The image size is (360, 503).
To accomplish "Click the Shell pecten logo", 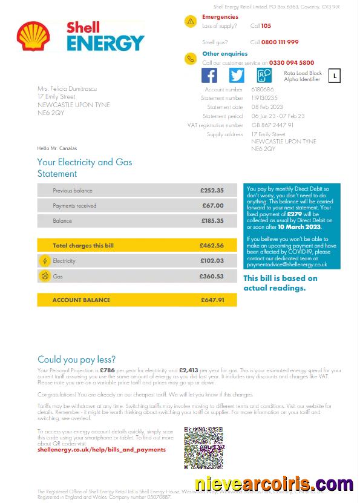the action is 30,36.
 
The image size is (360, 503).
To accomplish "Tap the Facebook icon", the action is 209,75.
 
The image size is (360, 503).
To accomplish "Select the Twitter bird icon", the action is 237,75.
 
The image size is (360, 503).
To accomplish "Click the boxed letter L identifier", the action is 334,75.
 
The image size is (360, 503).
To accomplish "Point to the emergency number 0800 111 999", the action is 280,42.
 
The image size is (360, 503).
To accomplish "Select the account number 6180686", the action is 263,90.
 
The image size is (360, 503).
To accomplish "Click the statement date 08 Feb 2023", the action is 267,107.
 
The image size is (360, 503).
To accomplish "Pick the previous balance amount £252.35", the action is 212,191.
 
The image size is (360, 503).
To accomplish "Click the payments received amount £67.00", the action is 213,206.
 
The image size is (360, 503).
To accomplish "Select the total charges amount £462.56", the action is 212,246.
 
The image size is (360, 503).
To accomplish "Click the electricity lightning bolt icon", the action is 44,261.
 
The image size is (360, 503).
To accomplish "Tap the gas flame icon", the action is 44,276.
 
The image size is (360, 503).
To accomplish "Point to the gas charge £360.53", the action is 212,276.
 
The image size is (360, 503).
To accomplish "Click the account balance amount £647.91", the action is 212,300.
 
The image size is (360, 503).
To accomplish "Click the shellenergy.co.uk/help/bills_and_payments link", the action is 101,450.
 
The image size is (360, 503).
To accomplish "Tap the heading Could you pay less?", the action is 76,360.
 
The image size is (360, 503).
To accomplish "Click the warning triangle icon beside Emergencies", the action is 191,21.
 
